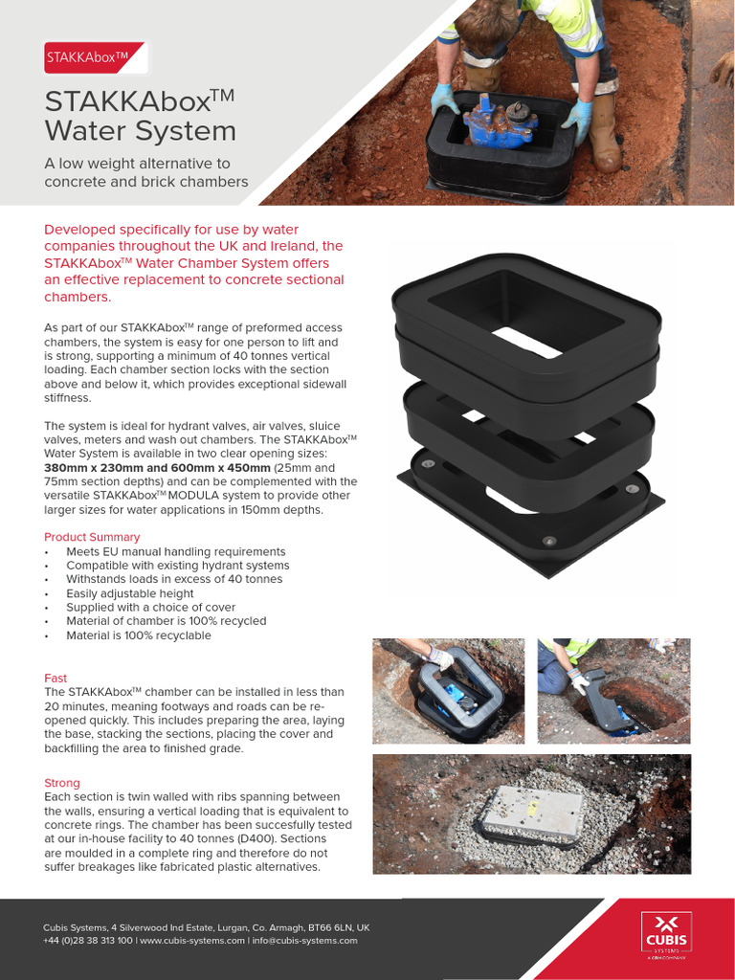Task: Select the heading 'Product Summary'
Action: click(x=92, y=537)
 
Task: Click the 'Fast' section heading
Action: click(x=56, y=678)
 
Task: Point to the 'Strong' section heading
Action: click(x=62, y=783)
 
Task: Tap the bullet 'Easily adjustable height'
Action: click(x=130, y=593)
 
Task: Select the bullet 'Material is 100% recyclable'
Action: click(x=139, y=635)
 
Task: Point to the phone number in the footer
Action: click(x=88, y=941)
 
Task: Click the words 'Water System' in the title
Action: click(x=140, y=130)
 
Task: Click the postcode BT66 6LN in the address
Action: click(x=329, y=927)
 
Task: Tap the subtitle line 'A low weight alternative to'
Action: click(x=137, y=164)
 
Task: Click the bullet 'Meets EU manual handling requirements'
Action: click(x=175, y=551)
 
